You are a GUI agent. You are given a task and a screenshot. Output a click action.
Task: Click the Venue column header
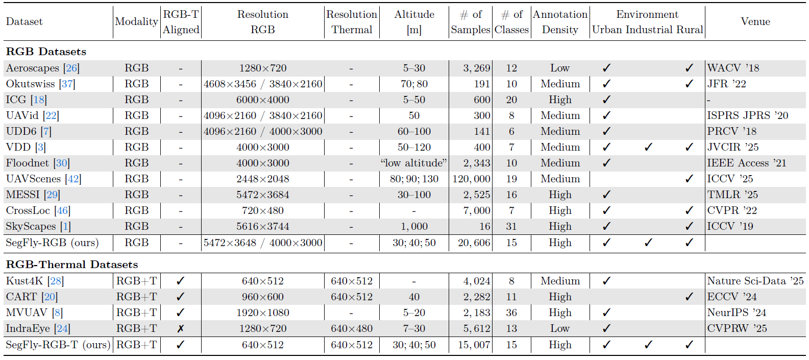coord(755,21)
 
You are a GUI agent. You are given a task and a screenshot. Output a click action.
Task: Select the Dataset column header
coord(24,21)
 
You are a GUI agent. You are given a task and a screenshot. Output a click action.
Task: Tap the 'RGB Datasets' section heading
coord(46,52)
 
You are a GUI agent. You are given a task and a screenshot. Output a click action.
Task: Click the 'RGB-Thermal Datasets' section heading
coord(72,265)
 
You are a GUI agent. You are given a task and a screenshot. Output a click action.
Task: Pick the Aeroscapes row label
coord(33,68)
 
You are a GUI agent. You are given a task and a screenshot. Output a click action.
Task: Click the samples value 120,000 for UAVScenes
coord(471,179)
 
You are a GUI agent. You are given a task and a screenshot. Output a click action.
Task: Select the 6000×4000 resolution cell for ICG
coord(262,100)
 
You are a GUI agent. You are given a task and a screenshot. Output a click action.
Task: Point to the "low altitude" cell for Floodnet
coord(413,163)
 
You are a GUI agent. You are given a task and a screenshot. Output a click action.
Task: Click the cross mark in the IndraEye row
coord(180,329)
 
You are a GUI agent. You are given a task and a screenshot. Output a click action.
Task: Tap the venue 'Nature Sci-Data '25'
coord(755,281)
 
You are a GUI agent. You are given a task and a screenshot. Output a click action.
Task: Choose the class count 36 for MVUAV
coord(511,313)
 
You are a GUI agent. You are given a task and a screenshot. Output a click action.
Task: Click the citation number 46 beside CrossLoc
coord(62,210)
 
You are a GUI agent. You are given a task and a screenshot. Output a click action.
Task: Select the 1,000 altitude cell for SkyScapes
coord(414,226)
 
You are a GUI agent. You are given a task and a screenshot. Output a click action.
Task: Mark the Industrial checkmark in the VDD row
coord(648,147)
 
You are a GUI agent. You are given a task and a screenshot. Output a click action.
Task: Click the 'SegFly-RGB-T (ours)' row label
coord(58,345)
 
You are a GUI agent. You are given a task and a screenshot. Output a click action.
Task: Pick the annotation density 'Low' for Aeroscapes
coord(560,68)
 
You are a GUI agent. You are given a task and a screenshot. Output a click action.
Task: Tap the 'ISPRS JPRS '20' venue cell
coord(747,115)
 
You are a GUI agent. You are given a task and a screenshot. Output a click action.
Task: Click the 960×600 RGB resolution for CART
coord(262,297)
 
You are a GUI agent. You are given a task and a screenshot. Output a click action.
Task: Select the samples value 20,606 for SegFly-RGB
coord(474,243)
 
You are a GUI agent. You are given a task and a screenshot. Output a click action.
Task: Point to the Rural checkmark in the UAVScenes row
coord(689,179)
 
